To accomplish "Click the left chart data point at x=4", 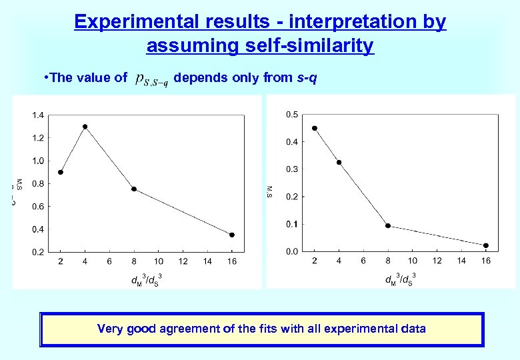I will click(85, 127).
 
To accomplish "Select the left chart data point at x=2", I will click(61, 172).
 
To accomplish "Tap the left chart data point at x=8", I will click(134, 189).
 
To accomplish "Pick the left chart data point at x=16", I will click(232, 235).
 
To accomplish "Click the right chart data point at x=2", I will click(315, 128).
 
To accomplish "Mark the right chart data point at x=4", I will click(339, 162).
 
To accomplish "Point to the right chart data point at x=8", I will click(388, 226).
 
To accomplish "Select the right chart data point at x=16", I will click(486, 245).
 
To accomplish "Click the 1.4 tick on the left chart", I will click(37, 115).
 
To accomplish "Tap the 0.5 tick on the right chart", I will click(292, 115).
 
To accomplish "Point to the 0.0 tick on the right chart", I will click(292, 251).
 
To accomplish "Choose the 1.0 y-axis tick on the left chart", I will click(37, 161).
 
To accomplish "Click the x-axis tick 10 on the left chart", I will click(159, 261).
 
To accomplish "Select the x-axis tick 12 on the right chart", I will click(437, 261).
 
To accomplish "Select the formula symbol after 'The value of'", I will click(151, 79).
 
